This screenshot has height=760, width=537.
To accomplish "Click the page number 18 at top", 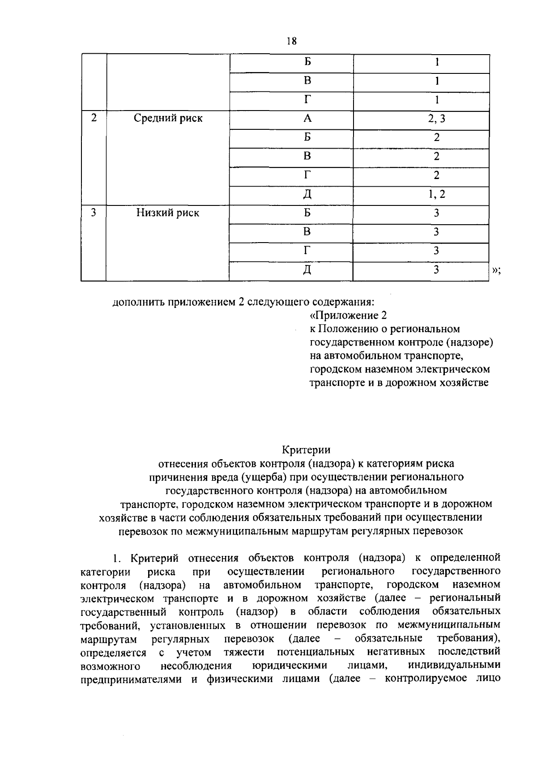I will point(291,41).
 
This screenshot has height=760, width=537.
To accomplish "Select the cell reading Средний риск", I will point(168,119).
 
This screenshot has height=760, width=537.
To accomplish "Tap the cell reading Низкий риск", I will point(168,213).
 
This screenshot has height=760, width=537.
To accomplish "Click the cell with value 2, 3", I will point(436,119).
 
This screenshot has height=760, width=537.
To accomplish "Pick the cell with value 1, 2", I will point(436,194).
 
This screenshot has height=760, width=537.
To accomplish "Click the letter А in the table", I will point(307,119).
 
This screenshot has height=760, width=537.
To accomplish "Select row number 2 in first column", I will point(94,119).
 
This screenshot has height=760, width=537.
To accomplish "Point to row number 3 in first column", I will point(94,213).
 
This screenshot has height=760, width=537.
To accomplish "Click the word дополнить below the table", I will point(138,302).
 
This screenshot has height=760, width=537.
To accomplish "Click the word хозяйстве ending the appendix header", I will point(466,383).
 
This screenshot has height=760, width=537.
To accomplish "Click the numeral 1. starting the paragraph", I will point(117,558).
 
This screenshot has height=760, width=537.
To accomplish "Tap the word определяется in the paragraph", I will point(113,652).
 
